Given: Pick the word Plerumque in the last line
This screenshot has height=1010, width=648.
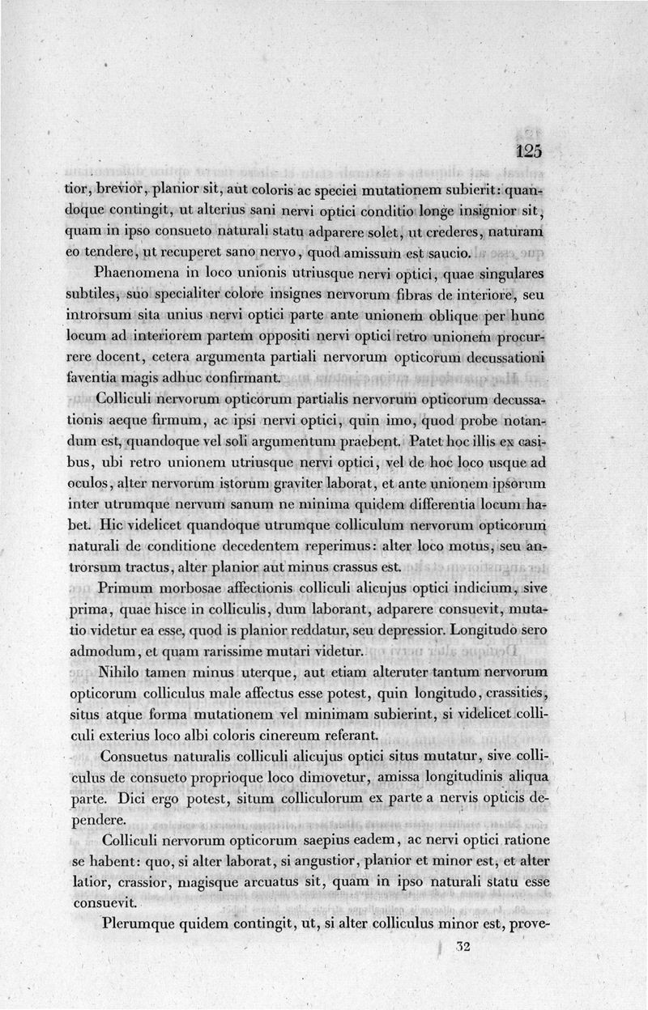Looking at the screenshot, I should (140, 923).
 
